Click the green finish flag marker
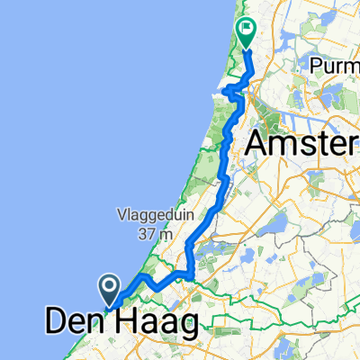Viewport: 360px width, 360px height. point(245,31)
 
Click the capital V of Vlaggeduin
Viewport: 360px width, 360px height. point(120,215)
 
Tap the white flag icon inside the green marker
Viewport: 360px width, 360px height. point(245,30)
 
